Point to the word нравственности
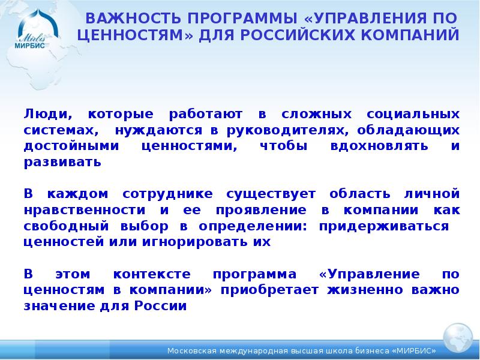point(85,211)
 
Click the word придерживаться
point(384,227)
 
